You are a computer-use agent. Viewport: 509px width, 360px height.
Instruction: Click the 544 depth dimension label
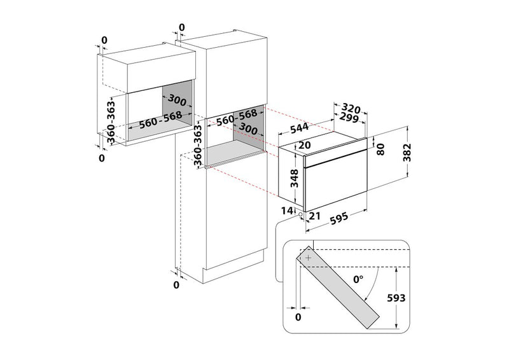(299, 128)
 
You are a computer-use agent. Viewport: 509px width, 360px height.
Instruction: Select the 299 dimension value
(349, 118)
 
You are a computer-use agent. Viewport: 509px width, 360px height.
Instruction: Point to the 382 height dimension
(407, 152)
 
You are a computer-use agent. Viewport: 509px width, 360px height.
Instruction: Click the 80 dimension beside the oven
(380, 149)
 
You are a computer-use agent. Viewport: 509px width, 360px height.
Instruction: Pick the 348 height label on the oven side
(295, 178)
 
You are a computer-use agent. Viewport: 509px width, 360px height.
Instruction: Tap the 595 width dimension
(339, 218)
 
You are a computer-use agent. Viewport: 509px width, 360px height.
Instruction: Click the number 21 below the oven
(314, 216)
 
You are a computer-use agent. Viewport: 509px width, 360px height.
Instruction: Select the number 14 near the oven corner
(287, 211)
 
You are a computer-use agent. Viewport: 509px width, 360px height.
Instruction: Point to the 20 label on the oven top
(305, 145)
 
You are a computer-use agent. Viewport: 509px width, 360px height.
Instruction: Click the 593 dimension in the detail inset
(396, 298)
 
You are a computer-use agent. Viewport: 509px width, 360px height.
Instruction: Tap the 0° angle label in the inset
(358, 279)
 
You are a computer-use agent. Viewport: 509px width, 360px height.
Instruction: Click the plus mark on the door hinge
(309, 258)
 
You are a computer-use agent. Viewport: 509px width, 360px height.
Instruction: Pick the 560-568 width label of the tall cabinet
(237, 117)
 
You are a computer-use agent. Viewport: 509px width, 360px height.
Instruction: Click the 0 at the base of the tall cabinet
(176, 285)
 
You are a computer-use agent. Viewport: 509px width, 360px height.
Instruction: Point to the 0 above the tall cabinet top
(181, 27)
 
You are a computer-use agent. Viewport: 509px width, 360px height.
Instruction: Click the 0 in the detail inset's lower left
(298, 317)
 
